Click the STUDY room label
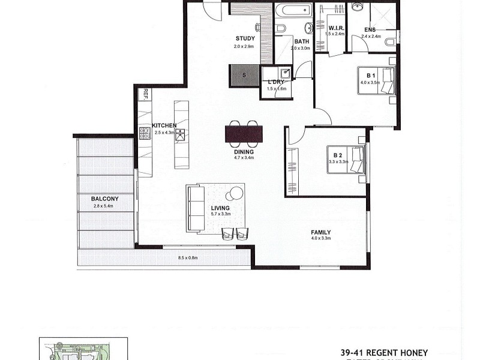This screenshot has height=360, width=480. click(245, 39)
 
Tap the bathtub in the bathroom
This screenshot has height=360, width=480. click(293, 10)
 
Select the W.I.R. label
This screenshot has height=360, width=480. click(335, 27)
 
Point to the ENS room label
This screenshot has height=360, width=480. click(370, 28)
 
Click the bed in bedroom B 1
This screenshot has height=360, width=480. click(377, 80)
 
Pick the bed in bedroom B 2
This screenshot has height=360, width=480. click(345, 160)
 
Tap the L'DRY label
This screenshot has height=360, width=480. click(276, 82)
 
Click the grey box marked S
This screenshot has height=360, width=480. click(244, 75)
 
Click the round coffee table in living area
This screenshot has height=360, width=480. click(236, 193)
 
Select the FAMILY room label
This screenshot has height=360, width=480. click(320, 232)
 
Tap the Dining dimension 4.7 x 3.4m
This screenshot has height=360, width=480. click(244, 158)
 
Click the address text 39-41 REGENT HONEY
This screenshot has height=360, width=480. click(384, 352)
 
